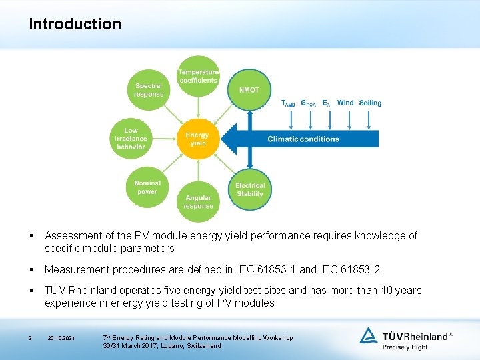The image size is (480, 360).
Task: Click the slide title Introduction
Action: coord(75,25)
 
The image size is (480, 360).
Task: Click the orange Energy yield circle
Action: coord(197,139)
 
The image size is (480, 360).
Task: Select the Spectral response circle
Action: coord(148,90)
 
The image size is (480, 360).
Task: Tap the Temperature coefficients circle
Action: coord(198,76)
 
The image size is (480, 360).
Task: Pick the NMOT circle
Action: coord(249,90)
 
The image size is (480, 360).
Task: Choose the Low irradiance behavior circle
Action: coord(131,139)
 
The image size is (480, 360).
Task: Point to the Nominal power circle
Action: coord(147,187)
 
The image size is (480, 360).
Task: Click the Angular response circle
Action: coord(198,201)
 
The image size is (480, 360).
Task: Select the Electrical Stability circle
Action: coord(250,189)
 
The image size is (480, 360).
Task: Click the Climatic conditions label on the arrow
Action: coord(303,139)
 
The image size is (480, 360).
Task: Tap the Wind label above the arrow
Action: coord(345,103)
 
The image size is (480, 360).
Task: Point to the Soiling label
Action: coord(370,103)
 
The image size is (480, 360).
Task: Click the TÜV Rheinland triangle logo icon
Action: coord(369,335)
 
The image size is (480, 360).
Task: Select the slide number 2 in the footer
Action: coord(30,339)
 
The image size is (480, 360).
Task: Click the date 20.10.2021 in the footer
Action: coord(61,339)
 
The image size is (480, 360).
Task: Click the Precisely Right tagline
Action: coord(405,347)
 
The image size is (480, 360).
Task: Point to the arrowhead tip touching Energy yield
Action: coord(221,139)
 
